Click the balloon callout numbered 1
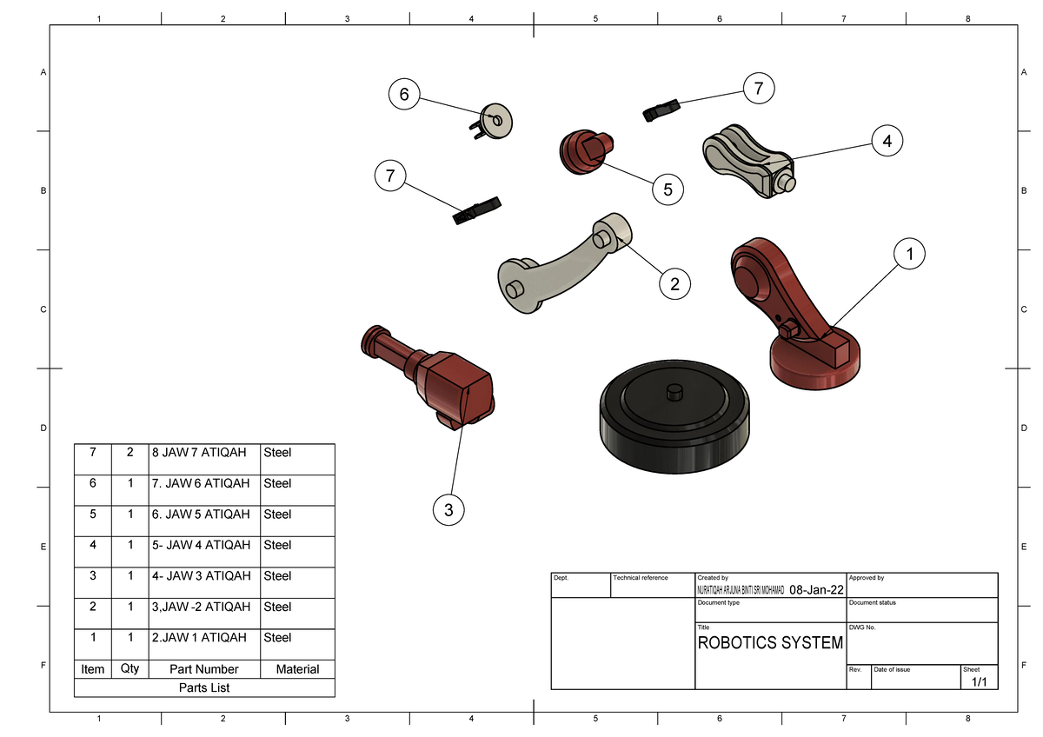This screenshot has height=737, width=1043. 909,255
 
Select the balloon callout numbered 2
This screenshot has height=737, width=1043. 674,282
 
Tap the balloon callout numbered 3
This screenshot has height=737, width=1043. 448,511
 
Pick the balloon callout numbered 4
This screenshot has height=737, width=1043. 886,140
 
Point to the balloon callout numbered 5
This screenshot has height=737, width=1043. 667,188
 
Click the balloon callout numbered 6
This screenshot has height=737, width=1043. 404,94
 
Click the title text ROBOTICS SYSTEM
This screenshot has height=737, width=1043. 770,643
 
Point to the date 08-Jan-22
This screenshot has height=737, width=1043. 815,592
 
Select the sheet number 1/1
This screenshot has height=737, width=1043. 979,682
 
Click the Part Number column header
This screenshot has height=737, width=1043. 204,669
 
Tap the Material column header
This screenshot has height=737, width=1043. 297,669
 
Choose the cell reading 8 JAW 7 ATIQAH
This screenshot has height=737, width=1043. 198,453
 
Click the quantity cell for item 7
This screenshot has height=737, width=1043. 130,453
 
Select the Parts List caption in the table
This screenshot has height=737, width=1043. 204,687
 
